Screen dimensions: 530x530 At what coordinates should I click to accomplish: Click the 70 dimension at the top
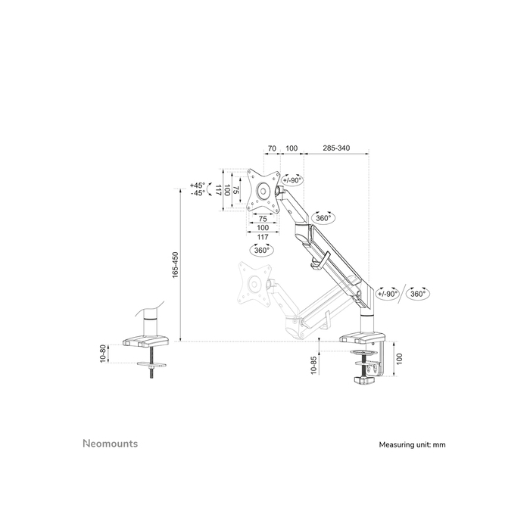point(270,148)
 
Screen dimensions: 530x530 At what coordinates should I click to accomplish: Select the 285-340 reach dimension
point(335,148)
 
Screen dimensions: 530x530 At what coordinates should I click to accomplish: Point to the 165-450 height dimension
point(175,265)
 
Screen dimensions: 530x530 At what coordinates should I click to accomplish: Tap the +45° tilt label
point(198,185)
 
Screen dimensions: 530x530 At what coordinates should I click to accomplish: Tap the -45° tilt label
point(198,193)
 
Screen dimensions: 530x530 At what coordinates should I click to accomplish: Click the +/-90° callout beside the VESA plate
point(293,179)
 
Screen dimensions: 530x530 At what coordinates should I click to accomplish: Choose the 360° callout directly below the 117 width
point(262,249)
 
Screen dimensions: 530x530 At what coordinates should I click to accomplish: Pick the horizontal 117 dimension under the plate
point(263,237)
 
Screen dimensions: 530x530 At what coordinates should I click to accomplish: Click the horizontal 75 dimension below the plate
point(263,219)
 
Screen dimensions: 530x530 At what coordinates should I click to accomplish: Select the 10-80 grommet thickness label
point(104,354)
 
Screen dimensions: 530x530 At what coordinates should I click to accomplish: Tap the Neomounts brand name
point(110,444)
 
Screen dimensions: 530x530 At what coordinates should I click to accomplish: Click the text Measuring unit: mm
point(413,445)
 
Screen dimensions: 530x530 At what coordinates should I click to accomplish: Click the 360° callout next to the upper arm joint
point(324,218)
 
